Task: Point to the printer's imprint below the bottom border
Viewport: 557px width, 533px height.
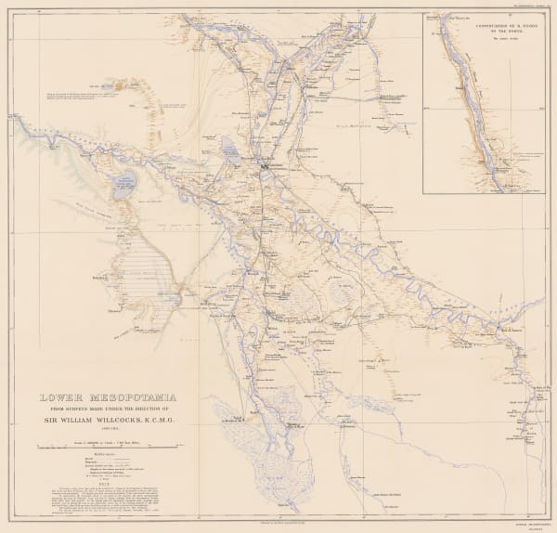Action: (x=278, y=526)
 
